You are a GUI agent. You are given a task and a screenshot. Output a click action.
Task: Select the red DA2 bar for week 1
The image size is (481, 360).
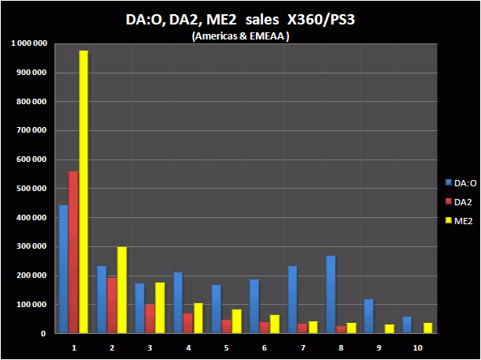[73, 252]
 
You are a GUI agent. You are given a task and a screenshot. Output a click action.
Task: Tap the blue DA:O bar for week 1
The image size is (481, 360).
[64, 269]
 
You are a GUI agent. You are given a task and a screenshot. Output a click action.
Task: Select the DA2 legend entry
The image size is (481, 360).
[458, 201]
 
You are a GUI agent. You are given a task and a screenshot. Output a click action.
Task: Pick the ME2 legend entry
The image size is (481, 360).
[458, 220]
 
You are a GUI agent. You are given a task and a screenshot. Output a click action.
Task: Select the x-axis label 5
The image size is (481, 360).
[226, 347]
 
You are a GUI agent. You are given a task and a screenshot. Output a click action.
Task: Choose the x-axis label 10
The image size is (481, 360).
[416, 347]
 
